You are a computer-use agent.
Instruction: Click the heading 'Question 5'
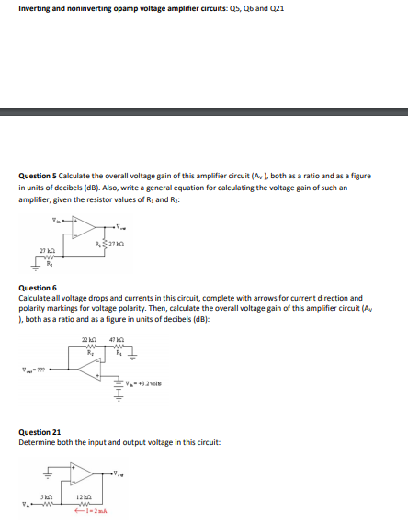(39, 174)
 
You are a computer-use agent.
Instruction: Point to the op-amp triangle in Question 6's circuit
(90, 369)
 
